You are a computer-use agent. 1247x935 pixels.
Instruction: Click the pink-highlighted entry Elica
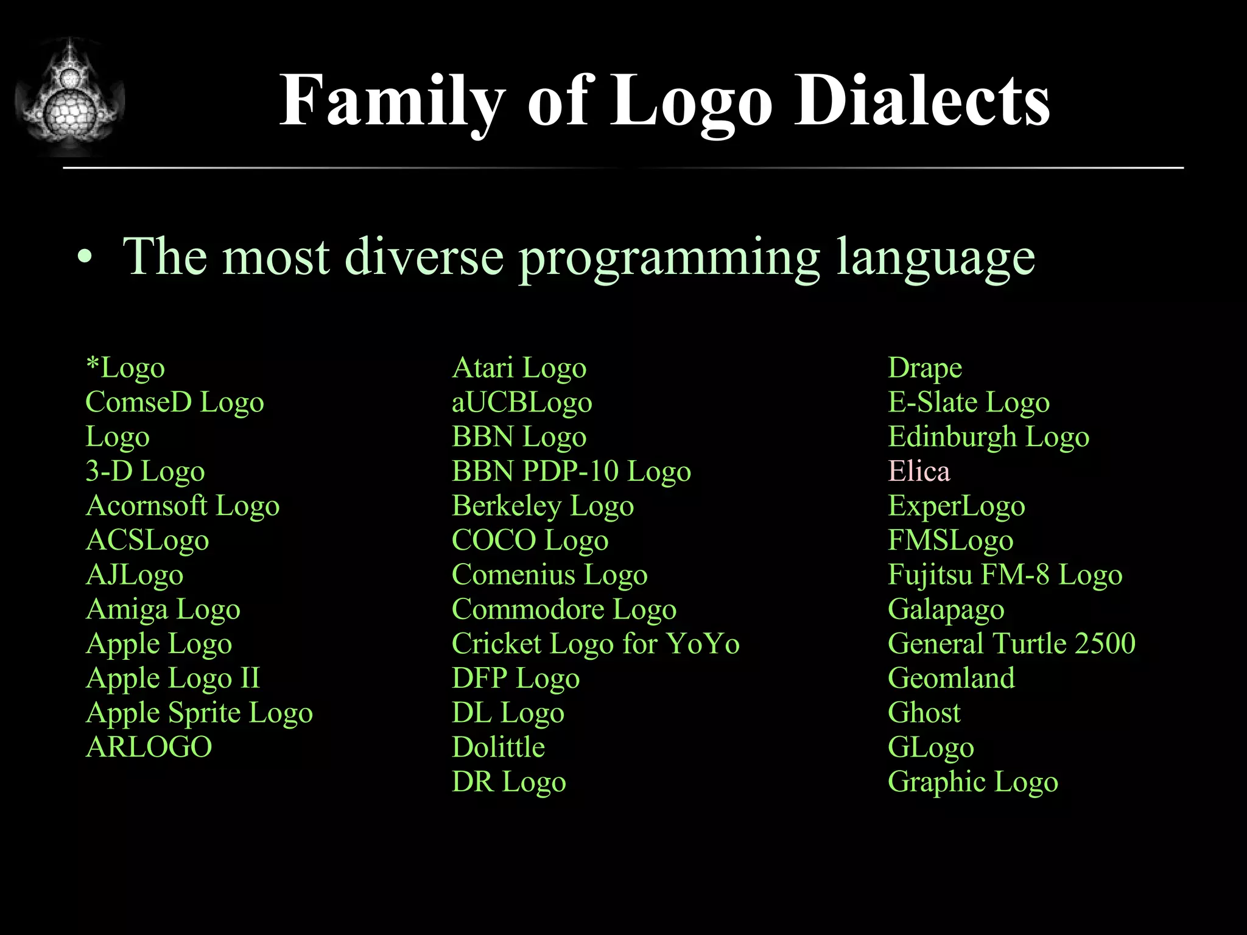pos(918,471)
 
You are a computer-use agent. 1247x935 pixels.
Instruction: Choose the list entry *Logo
pos(125,368)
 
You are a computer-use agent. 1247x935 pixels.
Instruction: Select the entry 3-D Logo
pos(145,471)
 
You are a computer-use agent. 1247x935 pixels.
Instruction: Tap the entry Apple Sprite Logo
pos(199,713)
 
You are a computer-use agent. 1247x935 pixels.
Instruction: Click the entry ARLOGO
pos(149,747)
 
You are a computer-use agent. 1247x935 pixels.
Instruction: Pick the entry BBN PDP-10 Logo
pos(571,471)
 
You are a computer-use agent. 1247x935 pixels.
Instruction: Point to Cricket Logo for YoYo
pos(595,644)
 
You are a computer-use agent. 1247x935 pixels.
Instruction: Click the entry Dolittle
pos(498,747)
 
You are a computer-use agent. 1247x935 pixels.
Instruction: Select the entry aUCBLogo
pos(522,402)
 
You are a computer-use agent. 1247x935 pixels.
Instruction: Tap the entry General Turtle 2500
pos(1011,644)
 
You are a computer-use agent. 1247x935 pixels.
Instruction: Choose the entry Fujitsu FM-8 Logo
pos(1005,575)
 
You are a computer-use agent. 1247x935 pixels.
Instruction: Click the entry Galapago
pos(946,609)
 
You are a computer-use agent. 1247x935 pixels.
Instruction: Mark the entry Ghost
pos(924,713)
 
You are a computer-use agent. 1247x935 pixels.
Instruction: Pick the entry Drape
pos(924,368)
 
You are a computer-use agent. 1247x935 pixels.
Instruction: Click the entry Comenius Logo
pos(549,575)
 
